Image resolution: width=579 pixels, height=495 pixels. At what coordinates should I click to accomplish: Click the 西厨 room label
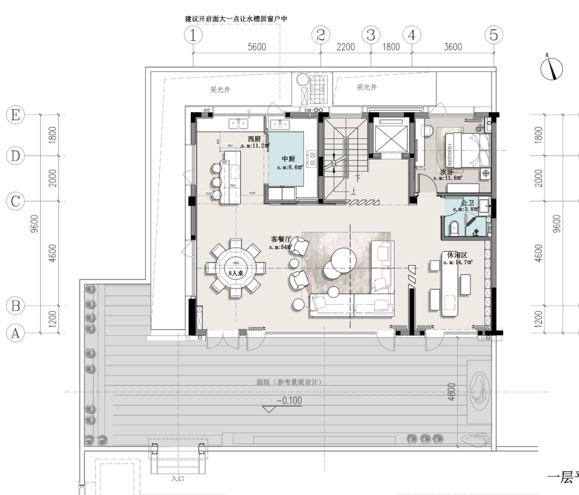tap(247, 138)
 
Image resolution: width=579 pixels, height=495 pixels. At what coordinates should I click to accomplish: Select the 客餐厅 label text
tap(282, 239)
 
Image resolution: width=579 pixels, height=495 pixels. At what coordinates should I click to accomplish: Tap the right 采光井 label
tap(366, 87)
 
